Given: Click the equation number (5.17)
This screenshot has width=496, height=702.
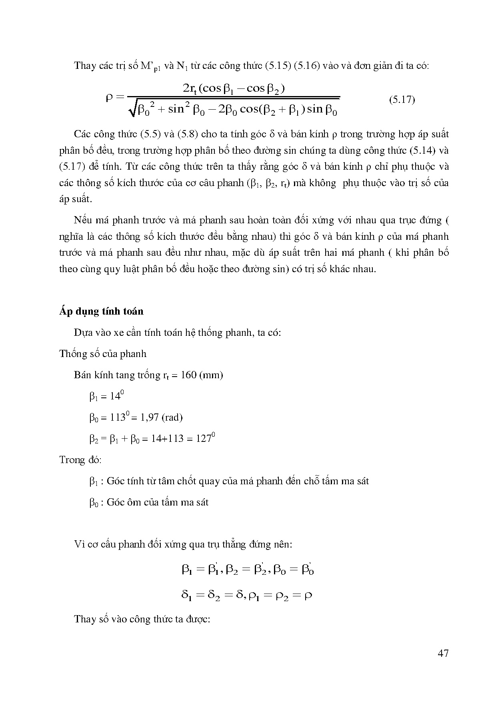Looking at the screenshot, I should tap(402, 100).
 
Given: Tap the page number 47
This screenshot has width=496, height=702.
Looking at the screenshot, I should tap(443, 654).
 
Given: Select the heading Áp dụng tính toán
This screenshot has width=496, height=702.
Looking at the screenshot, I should tap(101, 311).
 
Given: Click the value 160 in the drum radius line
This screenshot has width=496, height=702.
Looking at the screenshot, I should tap(188, 375).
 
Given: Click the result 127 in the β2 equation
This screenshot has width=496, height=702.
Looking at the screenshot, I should tap(204, 439).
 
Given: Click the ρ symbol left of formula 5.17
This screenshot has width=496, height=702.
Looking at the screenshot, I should tap(110, 97).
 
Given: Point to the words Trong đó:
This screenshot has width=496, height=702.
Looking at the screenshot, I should tap(80, 459).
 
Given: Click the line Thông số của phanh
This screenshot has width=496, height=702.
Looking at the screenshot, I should tap(103, 354).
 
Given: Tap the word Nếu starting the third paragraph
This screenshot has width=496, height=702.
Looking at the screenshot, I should tap(83, 220).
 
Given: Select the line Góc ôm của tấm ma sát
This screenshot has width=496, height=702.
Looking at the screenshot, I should tap(158, 502).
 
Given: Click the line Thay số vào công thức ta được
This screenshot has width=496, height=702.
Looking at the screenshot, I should tap(142, 619).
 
